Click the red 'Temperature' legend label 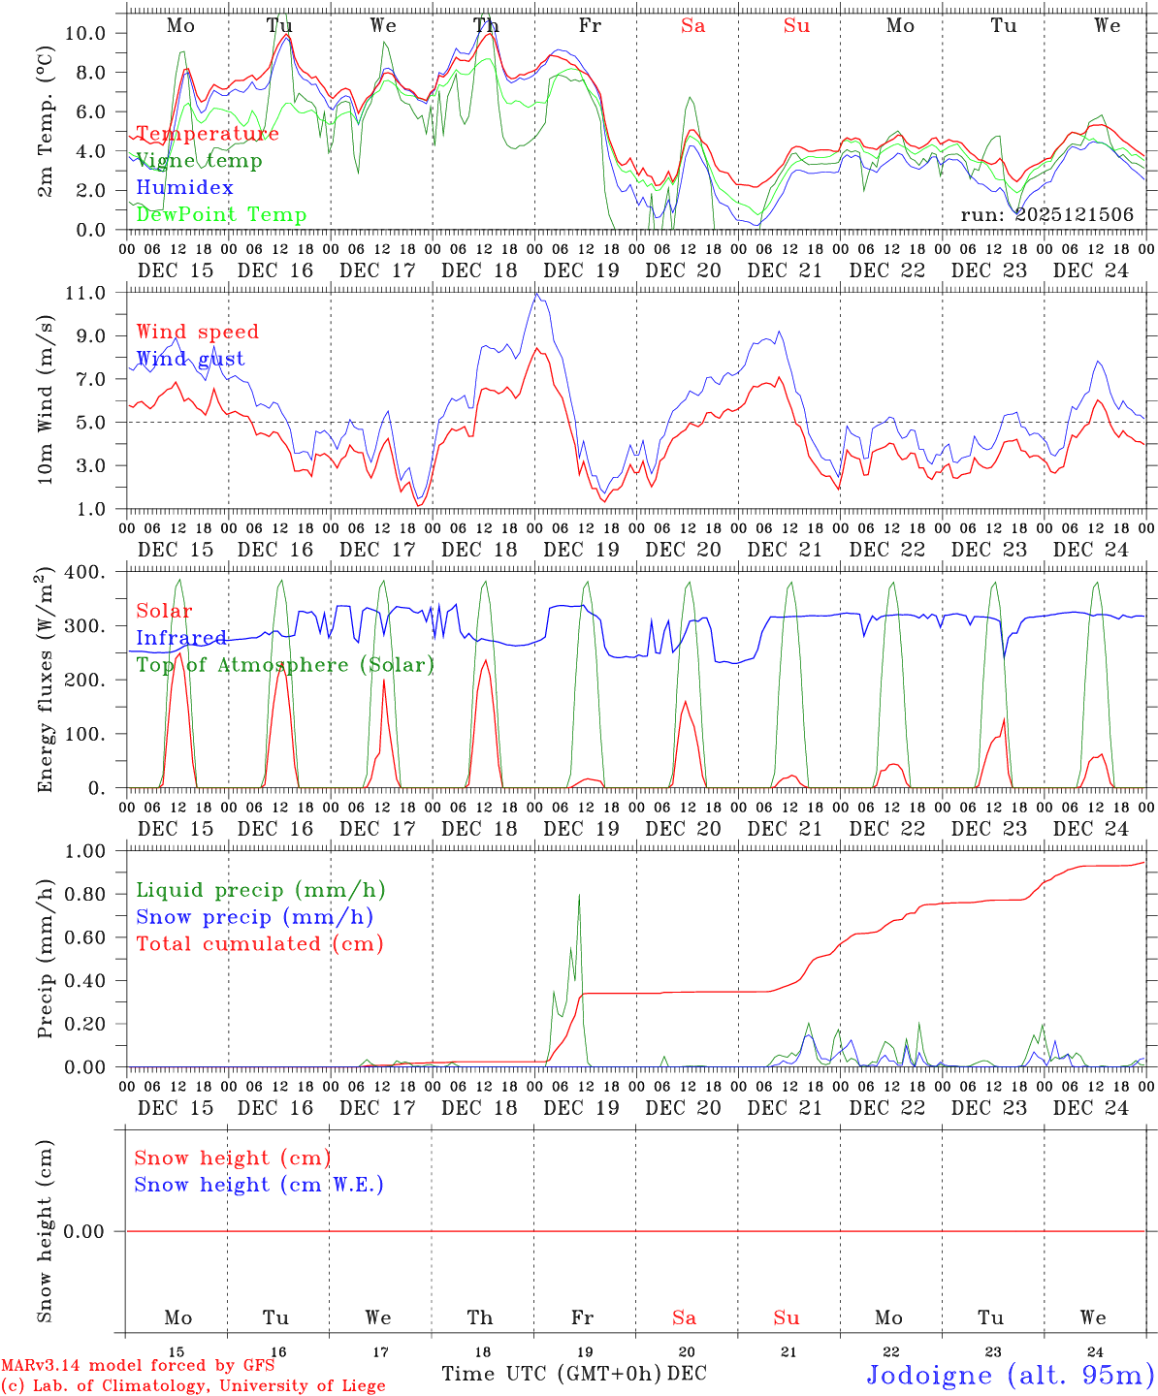208,134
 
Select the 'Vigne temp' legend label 199,161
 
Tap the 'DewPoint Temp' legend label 221,215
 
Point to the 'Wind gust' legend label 190,359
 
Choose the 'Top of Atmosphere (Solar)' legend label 285,665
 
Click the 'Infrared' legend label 181,638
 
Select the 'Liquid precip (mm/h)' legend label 261,890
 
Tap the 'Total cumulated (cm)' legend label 260,944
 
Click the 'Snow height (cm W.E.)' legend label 259,1185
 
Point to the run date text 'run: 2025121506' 1046,215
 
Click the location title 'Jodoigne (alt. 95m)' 1011,1375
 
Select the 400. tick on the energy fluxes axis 88,572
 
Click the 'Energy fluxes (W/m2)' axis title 46,681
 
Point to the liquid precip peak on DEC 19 579,895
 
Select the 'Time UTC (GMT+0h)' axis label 552,1374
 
